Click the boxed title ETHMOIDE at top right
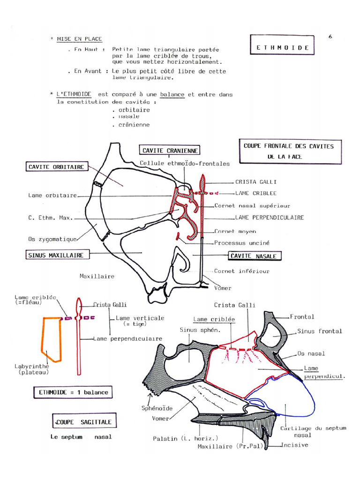click(x=282, y=47)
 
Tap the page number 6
click(x=330, y=37)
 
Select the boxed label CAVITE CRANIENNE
click(x=169, y=150)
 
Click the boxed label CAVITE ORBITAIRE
click(x=56, y=166)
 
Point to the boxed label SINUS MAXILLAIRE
click(x=56, y=255)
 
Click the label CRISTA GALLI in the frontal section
click(x=255, y=182)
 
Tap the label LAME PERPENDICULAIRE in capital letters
click(x=269, y=217)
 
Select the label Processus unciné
click(x=242, y=243)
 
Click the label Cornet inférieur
click(x=241, y=271)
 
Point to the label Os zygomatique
click(x=52, y=239)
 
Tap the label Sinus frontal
click(x=319, y=331)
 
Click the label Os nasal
click(x=311, y=353)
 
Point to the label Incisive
click(x=294, y=445)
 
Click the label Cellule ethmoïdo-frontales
click(x=185, y=164)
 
